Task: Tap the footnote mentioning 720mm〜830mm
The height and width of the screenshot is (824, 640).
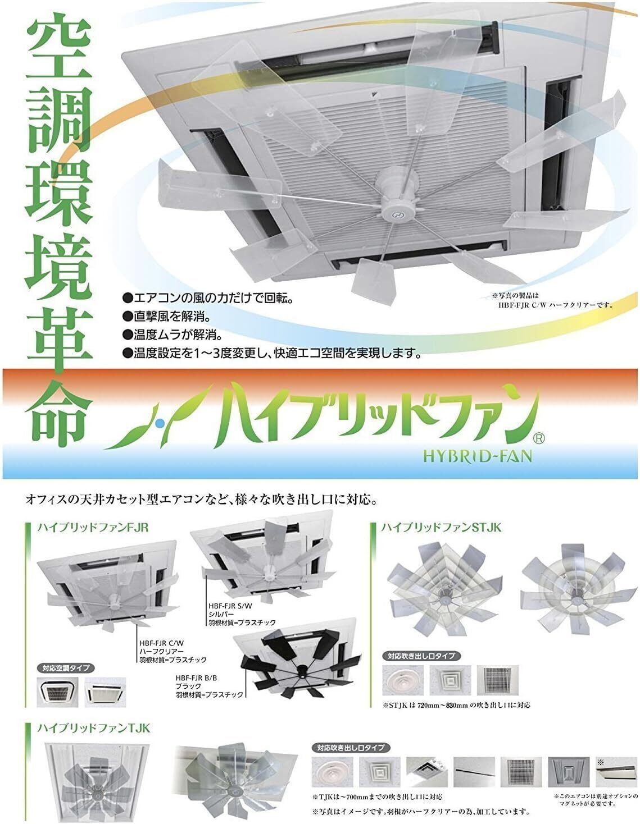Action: [x=456, y=705]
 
